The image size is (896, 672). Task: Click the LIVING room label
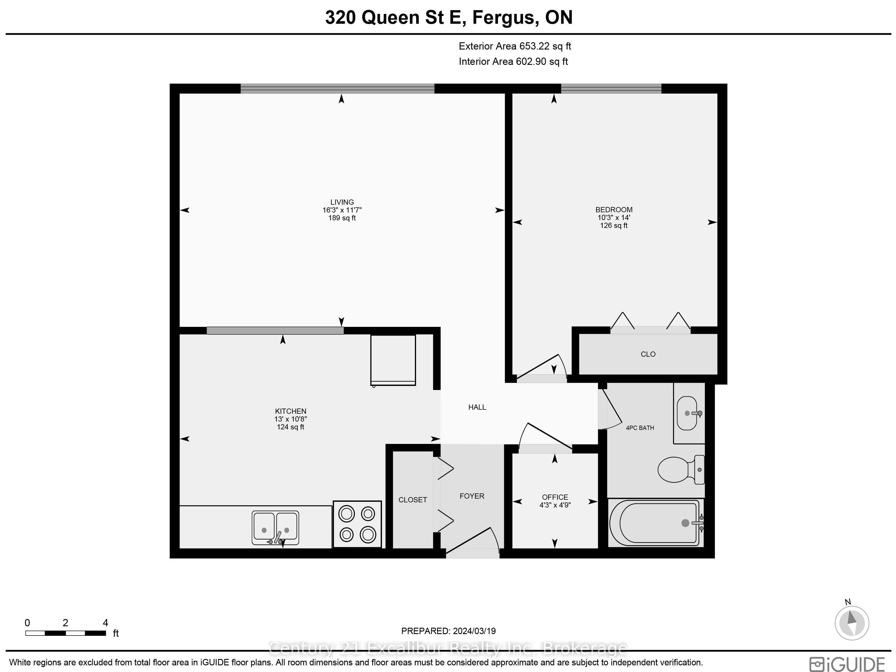tap(342, 202)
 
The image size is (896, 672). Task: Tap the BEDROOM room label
tap(614, 210)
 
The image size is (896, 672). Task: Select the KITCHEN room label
tap(291, 411)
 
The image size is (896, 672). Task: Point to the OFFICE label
tap(555, 497)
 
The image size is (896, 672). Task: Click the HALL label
tap(477, 407)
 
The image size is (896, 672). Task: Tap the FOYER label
tap(472, 496)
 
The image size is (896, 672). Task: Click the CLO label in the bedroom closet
tap(648, 354)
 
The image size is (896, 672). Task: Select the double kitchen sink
tap(276, 528)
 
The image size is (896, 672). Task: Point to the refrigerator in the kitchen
tap(393, 360)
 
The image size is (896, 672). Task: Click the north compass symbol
tap(852, 622)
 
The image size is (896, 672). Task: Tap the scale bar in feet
tap(66, 633)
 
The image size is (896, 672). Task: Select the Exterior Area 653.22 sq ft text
tap(515, 46)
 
